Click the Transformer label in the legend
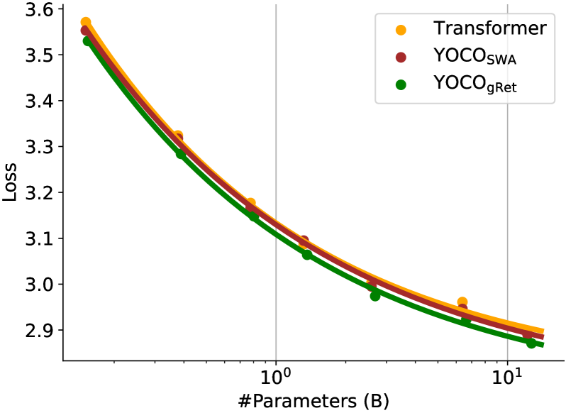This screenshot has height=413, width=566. (x=489, y=29)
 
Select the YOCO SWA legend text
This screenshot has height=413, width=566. (x=475, y=57)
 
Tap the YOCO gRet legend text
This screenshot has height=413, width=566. (x=475, y=84)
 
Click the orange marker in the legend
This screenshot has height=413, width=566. (x=401, y=30)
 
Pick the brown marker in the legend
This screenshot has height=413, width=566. (x=401, y=57)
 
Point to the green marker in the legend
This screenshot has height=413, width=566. (x=401, y=84)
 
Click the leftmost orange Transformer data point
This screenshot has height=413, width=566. (x=86, y=22)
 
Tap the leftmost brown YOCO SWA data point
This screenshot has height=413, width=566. (x=86, y=30)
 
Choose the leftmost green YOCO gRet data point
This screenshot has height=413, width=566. (x=87, y=41)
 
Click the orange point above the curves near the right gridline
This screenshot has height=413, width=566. (x=462, y=302)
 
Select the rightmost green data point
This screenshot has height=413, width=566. (x=531, y=343)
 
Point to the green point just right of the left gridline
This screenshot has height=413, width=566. (x=306, y=255)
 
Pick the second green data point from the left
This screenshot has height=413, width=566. (x=180, y=153)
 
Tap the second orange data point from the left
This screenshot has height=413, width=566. (x=178, y=135)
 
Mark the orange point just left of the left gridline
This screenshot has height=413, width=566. (x=250, y=203)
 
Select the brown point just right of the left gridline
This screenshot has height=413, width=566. (x=304, y=241)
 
